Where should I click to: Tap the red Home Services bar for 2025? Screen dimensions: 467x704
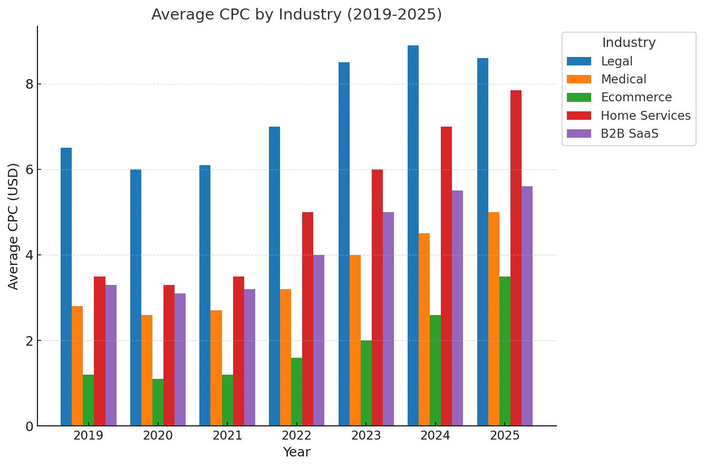(x=516, y=258)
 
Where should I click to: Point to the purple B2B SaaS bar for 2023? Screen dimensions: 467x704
(x=388, y=319)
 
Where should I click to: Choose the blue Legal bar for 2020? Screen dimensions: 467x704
(x=136, y=298)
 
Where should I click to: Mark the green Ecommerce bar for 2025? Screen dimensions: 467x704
(x=505, y=351)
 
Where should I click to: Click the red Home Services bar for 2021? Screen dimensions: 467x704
(x=238, y=351)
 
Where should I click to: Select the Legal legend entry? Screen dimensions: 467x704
(x=616, y=62)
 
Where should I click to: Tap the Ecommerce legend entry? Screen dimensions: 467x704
(x=636, y=98)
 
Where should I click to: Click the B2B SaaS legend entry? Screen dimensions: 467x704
(x=629, y=134)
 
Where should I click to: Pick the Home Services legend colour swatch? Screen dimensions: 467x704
(x=579, y=116)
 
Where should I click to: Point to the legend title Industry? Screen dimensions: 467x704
(x=629, y=43)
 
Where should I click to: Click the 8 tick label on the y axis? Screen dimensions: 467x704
(x=29, y=84)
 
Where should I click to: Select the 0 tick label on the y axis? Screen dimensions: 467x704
(x=29, y=426)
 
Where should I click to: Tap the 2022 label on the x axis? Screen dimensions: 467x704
(x=296, y=436)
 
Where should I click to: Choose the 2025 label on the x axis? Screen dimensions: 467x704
(x=505, y=436)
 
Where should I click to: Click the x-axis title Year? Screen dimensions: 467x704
(x=296, y=452)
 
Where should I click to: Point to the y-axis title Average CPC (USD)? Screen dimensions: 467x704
(x=14, y=226)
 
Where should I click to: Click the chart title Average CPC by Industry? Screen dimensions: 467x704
(x=296, y=15)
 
